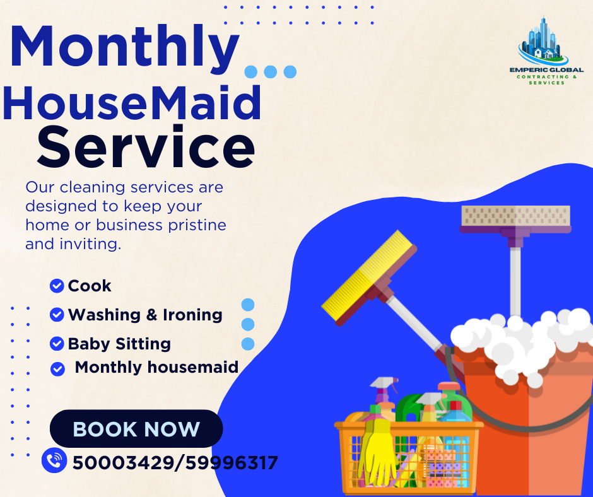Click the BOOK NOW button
click(x=136, y=428)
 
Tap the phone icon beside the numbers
click(x=54, y=460)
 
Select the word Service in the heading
click(x=146, y=147)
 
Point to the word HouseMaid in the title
click(x=132, y=103)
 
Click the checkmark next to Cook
click(x=57, y=286)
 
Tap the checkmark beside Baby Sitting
click(x=57, y=344)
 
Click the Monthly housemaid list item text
click(x=156, y=367)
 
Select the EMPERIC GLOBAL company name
click(x=546, y=70)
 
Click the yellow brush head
click(x=367, y=276)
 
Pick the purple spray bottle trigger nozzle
click(x=384, y=383)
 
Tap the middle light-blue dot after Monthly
click(x=271, y=72)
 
